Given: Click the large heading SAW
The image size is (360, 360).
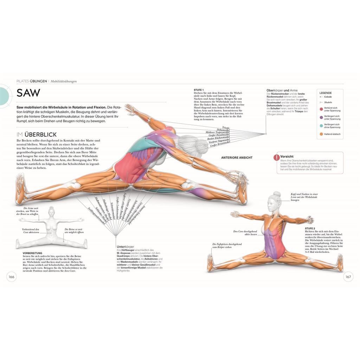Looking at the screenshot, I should pos(28,93).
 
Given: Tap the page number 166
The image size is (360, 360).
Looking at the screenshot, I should pos(11,277).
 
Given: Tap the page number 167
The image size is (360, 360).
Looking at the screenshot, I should pos(348,277).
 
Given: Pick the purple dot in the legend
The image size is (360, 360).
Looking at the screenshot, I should pos(321,117).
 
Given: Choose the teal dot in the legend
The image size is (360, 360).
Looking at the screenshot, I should pos(321,126).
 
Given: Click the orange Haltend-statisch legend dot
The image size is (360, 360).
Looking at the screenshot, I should pos(321,134).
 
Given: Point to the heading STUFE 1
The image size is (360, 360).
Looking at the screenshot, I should pos(199,90).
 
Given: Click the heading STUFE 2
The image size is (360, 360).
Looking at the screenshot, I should pos(310,228).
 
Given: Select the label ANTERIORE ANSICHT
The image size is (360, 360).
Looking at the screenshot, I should pos(237,157).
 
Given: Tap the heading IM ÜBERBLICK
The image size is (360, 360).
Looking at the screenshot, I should pos(37,135).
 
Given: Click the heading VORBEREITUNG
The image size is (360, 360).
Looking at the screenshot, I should pos(32,253).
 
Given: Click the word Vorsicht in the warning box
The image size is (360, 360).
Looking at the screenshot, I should pos(287,156).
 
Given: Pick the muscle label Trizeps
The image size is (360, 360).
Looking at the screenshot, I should pos(226,128).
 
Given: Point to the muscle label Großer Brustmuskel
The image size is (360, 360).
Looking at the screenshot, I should pos(220,144).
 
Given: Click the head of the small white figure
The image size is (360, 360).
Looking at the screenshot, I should pos(51,211).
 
